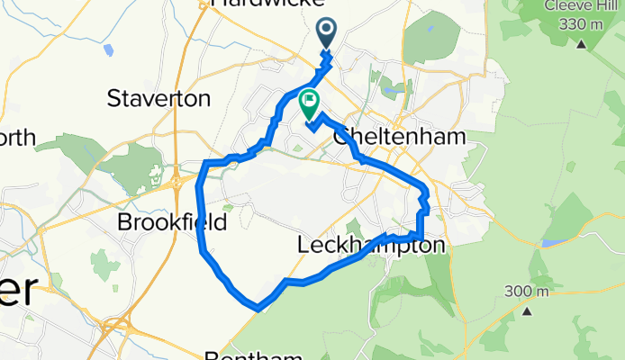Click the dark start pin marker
326,34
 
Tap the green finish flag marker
309,105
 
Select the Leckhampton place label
371,245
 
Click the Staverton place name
159,98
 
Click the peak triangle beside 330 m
581,43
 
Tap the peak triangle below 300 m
528,311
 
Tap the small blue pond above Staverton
108,50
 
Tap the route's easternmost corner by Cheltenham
426,191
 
